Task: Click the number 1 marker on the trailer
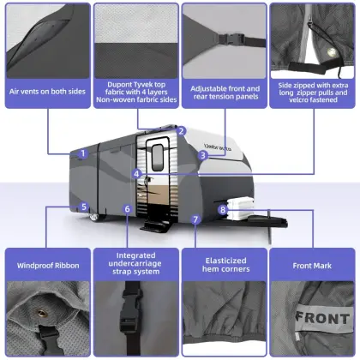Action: [82, 154]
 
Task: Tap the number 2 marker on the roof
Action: [182, 131]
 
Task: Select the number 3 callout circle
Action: [203, 156]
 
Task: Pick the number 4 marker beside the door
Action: [138, 173]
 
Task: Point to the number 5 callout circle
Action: [83, 207]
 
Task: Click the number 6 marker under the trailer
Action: [127, 208]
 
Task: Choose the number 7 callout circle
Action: [195, 219]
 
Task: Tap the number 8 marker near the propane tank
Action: [223, 208]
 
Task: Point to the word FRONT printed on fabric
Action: [321, 318]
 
